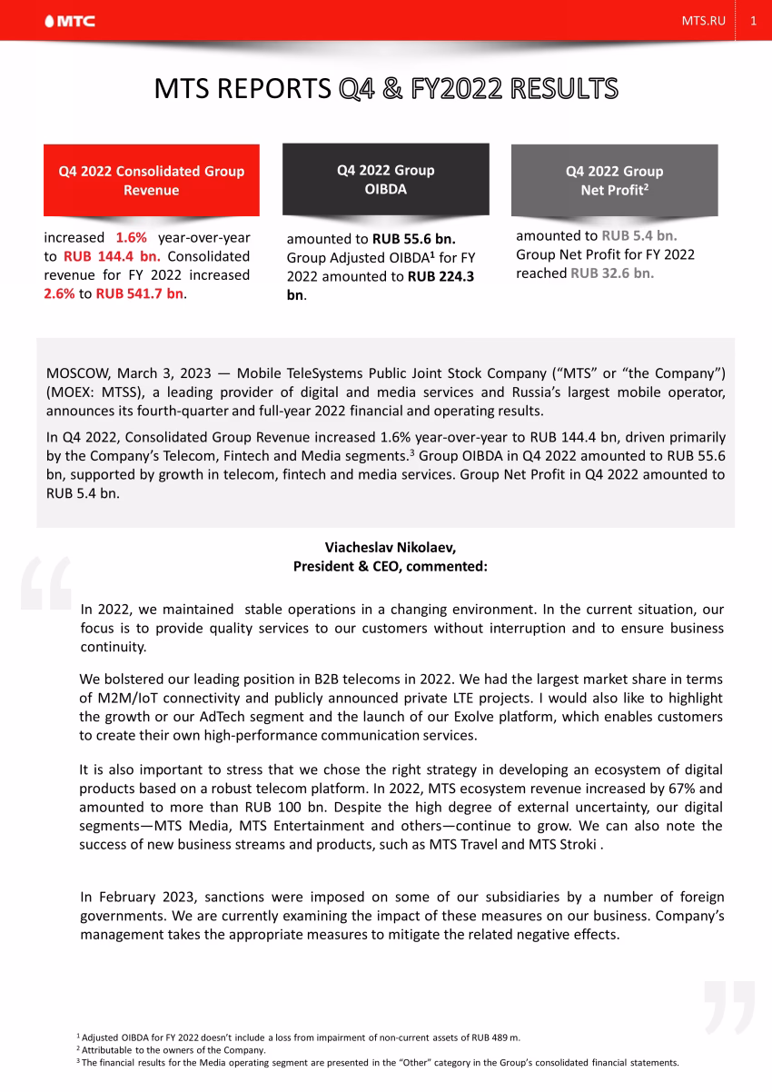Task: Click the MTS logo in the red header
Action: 71,21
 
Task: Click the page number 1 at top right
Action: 753,21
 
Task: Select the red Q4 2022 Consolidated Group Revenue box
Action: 152,180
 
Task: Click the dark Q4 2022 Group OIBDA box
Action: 385,179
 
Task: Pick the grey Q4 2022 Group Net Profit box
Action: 614,180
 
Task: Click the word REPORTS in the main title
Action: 276,89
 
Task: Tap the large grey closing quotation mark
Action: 728,1006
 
